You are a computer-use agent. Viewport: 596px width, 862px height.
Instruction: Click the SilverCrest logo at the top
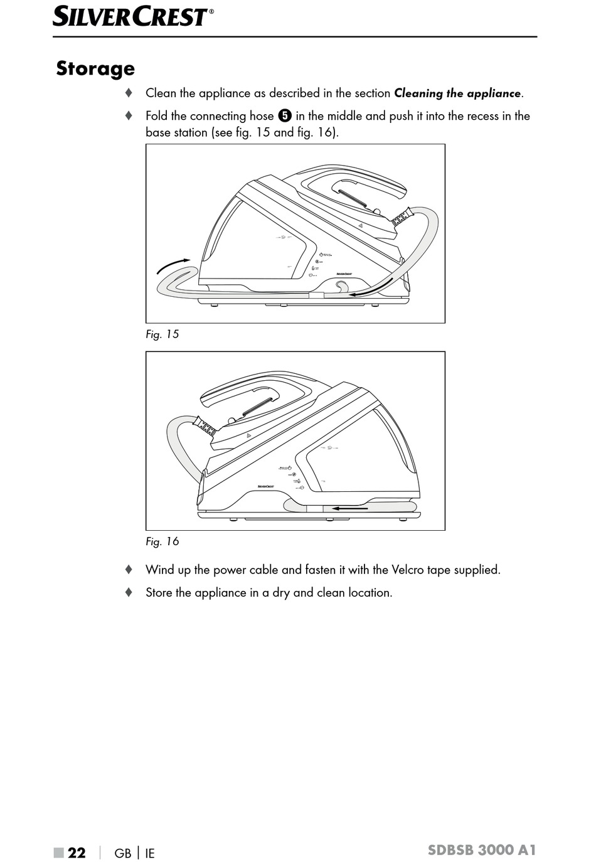(x=132, y=16)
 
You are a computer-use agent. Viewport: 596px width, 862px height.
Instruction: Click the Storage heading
(x=95, y=68)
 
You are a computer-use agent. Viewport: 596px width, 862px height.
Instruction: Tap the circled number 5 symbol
(x=285, y=116)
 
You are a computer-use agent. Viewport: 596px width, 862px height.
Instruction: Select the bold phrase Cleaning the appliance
(x=457, y=93)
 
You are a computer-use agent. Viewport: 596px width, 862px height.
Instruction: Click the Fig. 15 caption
(x=162, y=334)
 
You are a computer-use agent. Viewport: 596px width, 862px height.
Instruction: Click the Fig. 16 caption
(x=162, y=541)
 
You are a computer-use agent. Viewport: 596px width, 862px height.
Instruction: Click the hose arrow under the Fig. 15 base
(x=371, y=288)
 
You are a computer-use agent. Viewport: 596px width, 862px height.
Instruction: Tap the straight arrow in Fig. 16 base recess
(x=349, y=509)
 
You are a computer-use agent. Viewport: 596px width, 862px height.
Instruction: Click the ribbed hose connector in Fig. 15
(x=402, y=218)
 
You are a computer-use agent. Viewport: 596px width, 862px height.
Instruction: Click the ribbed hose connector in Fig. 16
(x=205, y=427)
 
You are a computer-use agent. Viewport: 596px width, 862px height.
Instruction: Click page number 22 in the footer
(x=77, y=853)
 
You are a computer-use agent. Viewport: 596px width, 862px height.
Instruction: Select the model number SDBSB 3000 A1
(x=482, y=850)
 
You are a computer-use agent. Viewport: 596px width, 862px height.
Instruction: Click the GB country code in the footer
(x=123, y=853)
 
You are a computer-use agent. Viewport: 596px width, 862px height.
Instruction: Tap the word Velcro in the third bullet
(x=408, y=570)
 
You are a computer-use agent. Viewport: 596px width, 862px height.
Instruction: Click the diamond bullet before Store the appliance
(x=129, y=592)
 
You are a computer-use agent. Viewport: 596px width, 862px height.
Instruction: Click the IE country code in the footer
(x=150, y=853)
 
